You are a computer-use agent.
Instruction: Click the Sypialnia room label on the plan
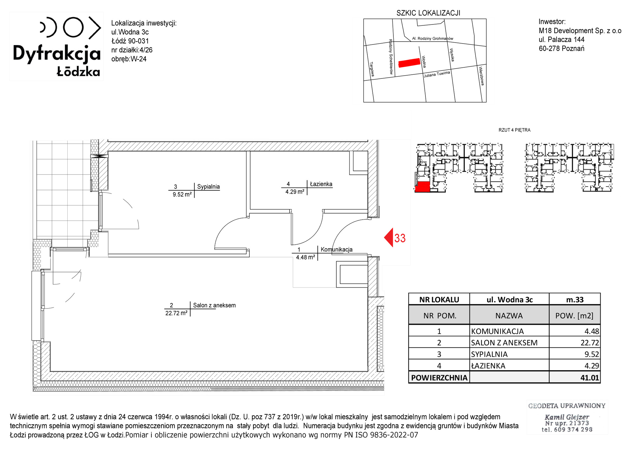click(208, 187)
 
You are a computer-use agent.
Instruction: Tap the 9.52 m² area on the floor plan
click(182, 194)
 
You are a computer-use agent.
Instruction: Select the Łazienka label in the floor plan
click(321, 184)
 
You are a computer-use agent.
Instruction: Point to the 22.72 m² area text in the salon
click(176, 313)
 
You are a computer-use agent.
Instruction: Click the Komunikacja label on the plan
click(337, 249)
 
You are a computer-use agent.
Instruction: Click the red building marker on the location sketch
click(409, 63)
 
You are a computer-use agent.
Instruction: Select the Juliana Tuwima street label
click(437, 74)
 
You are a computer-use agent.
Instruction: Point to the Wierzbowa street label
click(481, 76)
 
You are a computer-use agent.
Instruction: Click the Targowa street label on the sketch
click(372, 69)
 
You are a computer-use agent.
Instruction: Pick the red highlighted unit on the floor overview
click(422, 187)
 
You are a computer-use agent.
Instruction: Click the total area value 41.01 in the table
click(590, 378)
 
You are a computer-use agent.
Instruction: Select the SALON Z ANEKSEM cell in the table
click(504, 343)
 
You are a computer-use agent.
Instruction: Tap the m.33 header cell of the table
click(575, 300)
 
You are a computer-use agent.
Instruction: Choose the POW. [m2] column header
click(574, 316)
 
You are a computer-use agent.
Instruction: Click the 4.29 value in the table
click(592, 366)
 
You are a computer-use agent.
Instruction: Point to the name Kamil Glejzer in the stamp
click(567, 417)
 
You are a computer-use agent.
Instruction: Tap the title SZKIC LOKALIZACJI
click(428, 13)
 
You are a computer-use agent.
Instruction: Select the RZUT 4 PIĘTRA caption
click(514, 130)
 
